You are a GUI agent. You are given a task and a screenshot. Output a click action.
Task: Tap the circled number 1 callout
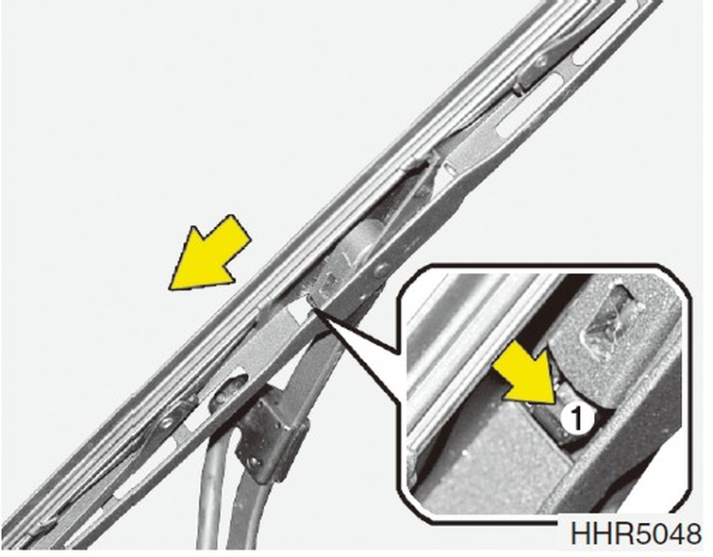tap(576, 418)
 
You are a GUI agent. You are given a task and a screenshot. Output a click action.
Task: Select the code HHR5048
tap(636, 533)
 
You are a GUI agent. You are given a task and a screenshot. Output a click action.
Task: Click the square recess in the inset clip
tap(612, 314)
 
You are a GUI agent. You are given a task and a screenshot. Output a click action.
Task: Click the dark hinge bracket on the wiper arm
tap(268, 434)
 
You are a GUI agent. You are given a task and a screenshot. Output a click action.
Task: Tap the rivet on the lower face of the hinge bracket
tap(253, 462)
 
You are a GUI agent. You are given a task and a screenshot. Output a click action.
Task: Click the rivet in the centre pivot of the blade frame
tap(381, 270)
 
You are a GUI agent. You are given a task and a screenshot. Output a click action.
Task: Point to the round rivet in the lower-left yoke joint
tap(167, 422)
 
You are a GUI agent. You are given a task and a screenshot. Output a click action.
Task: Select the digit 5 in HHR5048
tap(630, 533)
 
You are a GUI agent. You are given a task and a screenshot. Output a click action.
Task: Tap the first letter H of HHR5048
tap(580, 533)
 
